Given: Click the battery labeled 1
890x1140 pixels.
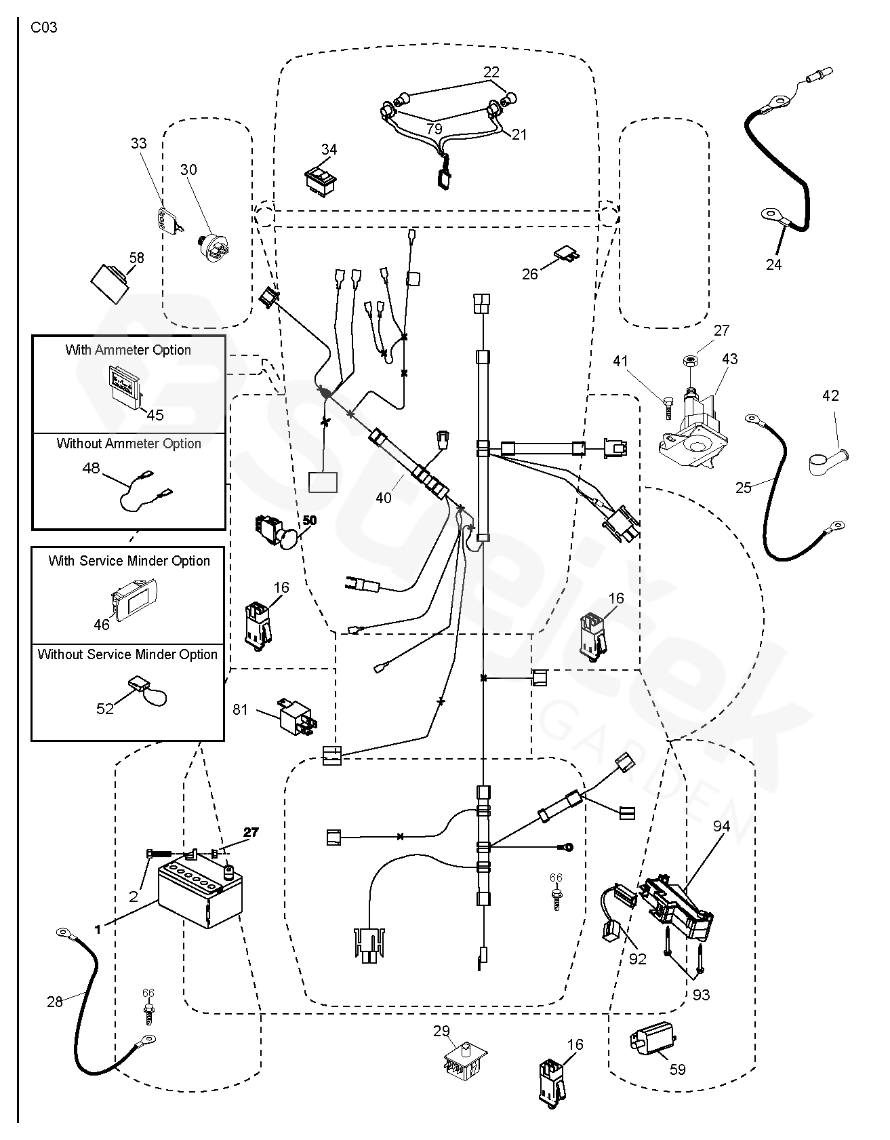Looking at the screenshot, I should (x=199, y=896).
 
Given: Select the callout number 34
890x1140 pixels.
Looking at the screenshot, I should (x=329, y=149).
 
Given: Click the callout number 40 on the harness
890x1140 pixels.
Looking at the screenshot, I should (x=384, y=498).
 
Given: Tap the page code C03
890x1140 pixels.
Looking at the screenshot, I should (x=44, y=28).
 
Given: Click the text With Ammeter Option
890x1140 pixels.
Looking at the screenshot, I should (x=128, y=350).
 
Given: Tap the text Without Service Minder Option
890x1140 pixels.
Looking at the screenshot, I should (x=127, y=654).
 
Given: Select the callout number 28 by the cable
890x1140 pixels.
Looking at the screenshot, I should (x=55, y=1001).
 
